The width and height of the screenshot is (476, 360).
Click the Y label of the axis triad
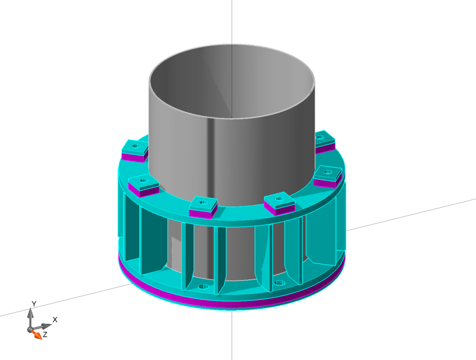[34, 304]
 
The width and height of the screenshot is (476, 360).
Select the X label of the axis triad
[55, 320]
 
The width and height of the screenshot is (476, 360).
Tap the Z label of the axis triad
[45, 334]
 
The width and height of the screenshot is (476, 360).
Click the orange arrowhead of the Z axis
[37, 335]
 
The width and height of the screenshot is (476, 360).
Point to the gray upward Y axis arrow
[30, 316]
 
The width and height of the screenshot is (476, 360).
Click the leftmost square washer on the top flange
[135, 147]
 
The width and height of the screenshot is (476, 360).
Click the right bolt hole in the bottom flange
[279, 283]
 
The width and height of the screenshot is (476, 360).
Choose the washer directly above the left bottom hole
[203, 204]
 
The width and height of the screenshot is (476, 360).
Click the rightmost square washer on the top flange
[328, 173]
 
